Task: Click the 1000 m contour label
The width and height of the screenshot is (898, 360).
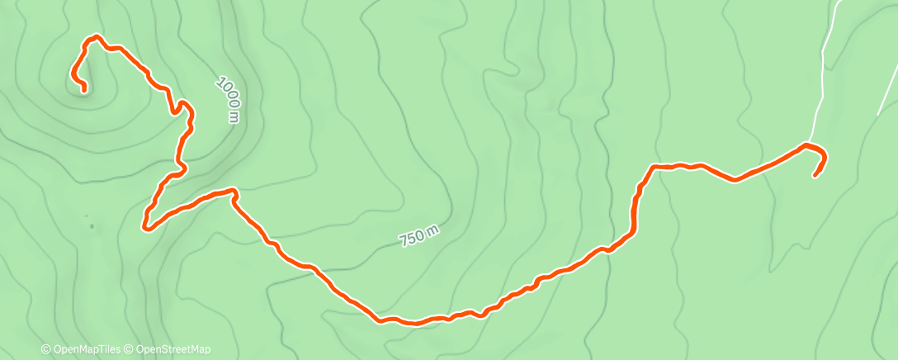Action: pos(228,98)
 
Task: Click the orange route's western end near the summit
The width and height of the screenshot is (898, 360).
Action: pos(84,88)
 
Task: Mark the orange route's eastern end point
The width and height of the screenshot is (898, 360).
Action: pos(815,175)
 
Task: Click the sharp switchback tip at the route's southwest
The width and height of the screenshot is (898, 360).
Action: pos(145,225)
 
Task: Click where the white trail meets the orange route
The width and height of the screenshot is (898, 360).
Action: pos(806,144)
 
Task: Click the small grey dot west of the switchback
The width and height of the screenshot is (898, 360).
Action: pos(91,225)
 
